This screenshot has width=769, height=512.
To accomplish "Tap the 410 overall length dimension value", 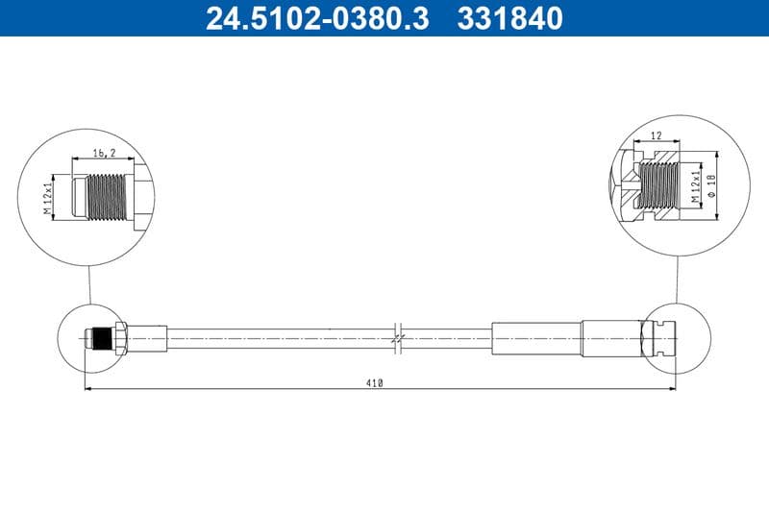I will coord(374,383).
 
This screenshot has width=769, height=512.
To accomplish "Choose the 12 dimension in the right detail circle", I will coord(656,137).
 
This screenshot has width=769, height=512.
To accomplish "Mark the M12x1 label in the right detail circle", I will coord(693,184).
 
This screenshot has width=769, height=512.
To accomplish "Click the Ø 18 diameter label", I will coord(711,185).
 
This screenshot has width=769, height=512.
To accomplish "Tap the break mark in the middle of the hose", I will coord(398,338).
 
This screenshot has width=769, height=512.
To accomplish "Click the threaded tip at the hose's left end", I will coord(95,338).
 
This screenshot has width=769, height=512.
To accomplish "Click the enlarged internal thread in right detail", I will coord(657,184).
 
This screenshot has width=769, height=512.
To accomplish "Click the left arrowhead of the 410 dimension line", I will coord(89,389).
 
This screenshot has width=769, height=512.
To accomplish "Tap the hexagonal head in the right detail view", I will coord(619,184).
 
